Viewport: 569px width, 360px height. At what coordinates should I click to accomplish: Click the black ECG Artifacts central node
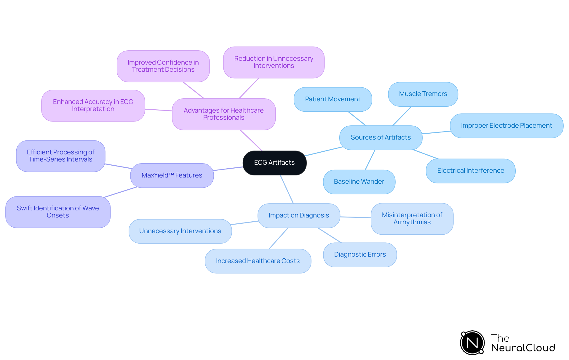tap(274, 163)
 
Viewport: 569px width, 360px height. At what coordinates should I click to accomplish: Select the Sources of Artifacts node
tap(381, 137)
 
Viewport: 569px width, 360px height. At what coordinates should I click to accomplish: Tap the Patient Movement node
tap(333, 99)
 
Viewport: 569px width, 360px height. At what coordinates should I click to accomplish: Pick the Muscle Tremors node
tap(423, 94)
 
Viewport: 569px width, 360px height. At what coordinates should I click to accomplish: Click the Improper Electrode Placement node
tap(506, 126)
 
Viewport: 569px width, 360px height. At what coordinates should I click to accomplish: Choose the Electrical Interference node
tap(470, 171)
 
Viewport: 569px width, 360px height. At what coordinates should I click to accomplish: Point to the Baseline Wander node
tap(359, 182)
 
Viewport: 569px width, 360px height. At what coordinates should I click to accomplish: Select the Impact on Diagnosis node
tap(299, 215)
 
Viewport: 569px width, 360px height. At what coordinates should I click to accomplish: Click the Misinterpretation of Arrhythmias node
tap(412, 219)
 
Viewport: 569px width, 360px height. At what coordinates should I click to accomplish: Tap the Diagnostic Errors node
tap(360, 255)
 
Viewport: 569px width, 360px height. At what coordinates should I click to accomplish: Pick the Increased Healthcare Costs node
tap(258, 261)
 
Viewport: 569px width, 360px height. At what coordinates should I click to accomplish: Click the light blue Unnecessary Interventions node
tap(180, 231)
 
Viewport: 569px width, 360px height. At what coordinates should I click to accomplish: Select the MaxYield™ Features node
tap(172, 175)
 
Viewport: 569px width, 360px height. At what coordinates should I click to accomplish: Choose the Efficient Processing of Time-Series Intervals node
tap(60, 156)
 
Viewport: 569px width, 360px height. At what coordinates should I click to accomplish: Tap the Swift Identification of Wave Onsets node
tap(58, 212)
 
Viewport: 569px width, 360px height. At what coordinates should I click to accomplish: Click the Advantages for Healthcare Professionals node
tap(223, 114)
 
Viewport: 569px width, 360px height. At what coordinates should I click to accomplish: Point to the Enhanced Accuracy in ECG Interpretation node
tap(93, 105)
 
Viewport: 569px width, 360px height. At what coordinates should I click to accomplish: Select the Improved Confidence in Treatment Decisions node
tap(163, 66)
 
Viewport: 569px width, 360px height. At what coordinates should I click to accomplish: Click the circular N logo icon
tap(472, 343)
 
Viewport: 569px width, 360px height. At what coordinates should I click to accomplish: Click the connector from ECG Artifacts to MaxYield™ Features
tap(228, 169)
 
